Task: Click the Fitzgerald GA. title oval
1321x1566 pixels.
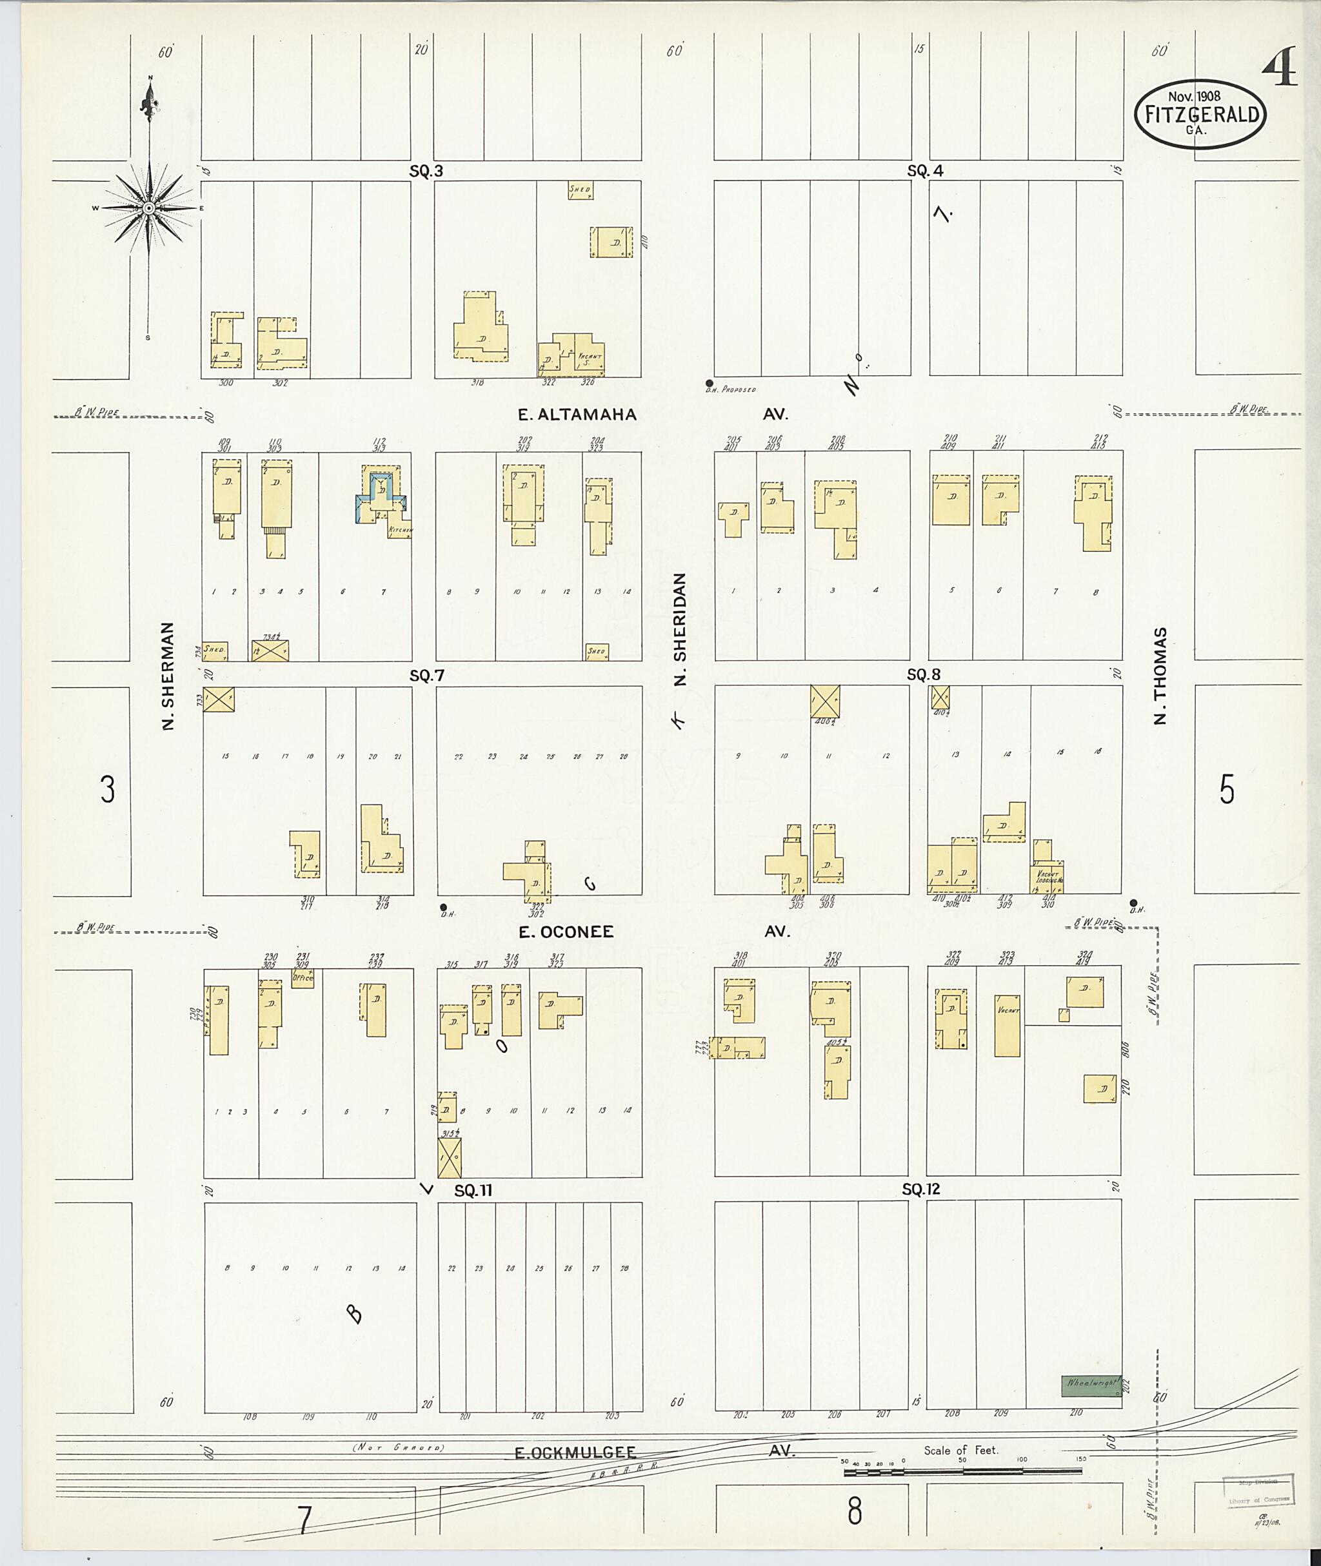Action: point(1200,115)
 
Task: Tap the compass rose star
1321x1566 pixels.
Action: point(148,208)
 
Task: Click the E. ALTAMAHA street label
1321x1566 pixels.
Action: point(577,415)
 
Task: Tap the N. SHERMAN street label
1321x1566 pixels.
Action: point(168,675)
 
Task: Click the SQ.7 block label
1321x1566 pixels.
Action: point(427,676)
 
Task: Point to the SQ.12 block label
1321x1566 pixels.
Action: point(920,1189)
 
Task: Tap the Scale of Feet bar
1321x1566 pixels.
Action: point(962,1472)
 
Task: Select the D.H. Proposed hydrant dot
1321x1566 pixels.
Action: point(709,382)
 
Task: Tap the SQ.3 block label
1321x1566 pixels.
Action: point(426,171)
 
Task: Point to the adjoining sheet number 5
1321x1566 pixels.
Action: point(1227,789)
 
